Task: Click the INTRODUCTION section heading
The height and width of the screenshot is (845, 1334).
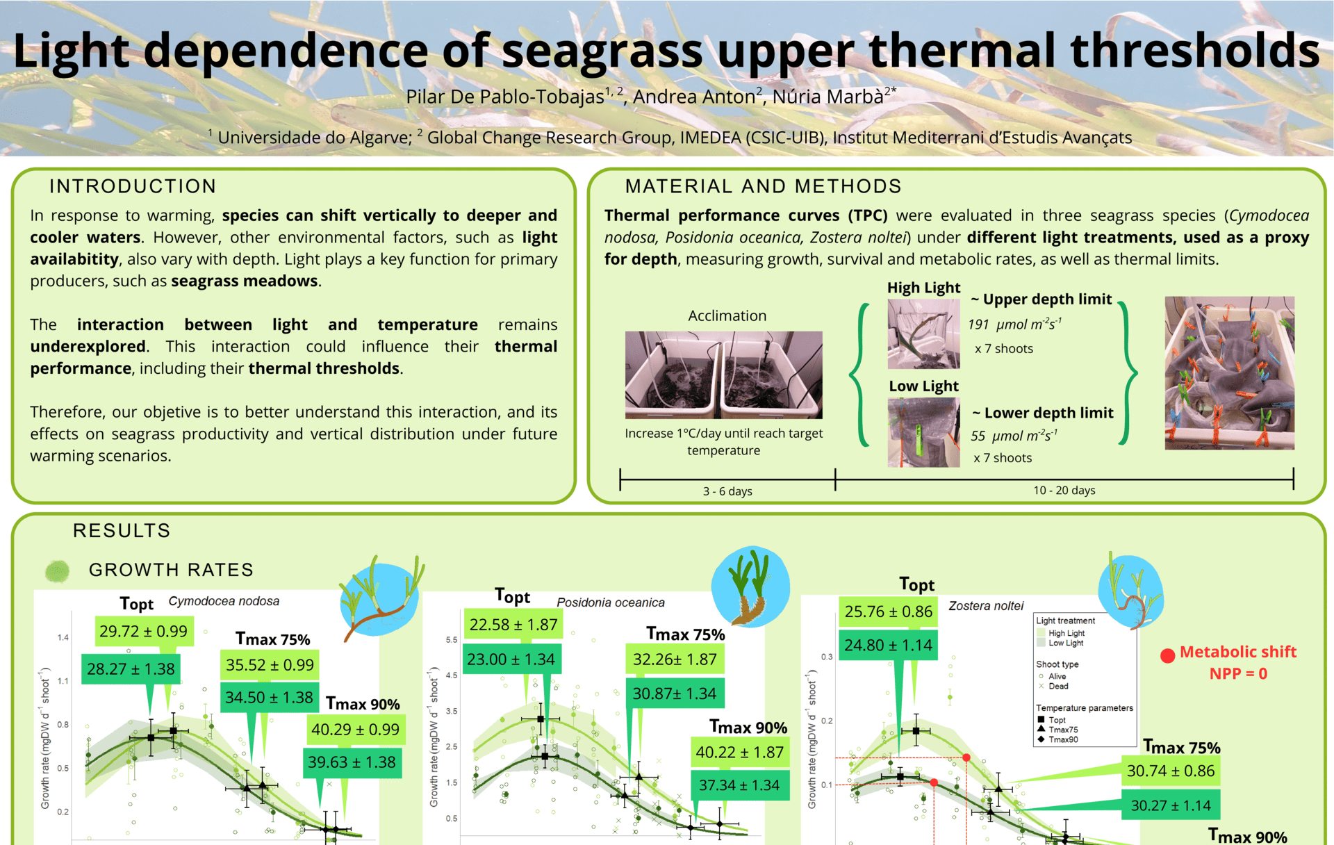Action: point(133,186)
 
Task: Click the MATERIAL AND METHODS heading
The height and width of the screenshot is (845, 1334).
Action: point(763,186)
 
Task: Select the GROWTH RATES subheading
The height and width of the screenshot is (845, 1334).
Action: point(171,570)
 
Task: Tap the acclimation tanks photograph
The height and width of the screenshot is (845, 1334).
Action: point(723,375)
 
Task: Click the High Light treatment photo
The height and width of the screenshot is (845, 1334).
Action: point(923,334)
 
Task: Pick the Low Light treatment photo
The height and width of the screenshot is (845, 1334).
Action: point(923,432)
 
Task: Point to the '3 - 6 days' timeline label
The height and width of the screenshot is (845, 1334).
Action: point(727,491)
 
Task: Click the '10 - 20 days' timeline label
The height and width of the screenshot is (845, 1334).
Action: point(1064,491)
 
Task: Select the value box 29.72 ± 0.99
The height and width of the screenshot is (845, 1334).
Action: point(144,631)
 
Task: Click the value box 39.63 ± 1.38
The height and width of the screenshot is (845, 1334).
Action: point(352,762)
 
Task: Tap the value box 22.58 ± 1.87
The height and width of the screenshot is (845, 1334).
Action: point(513,625)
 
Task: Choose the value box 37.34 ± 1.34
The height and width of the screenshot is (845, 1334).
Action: point(739,785)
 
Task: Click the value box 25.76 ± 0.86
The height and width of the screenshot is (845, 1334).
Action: point(888,612)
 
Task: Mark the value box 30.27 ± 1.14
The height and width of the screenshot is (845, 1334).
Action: point(1171,805)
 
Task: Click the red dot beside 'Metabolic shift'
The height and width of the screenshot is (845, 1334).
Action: point(1167,655)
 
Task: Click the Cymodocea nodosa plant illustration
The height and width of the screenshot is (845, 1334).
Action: point(379,598)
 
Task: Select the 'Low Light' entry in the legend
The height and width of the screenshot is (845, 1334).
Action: point(1066,643)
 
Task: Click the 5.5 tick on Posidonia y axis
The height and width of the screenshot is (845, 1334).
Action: point(452,640)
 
